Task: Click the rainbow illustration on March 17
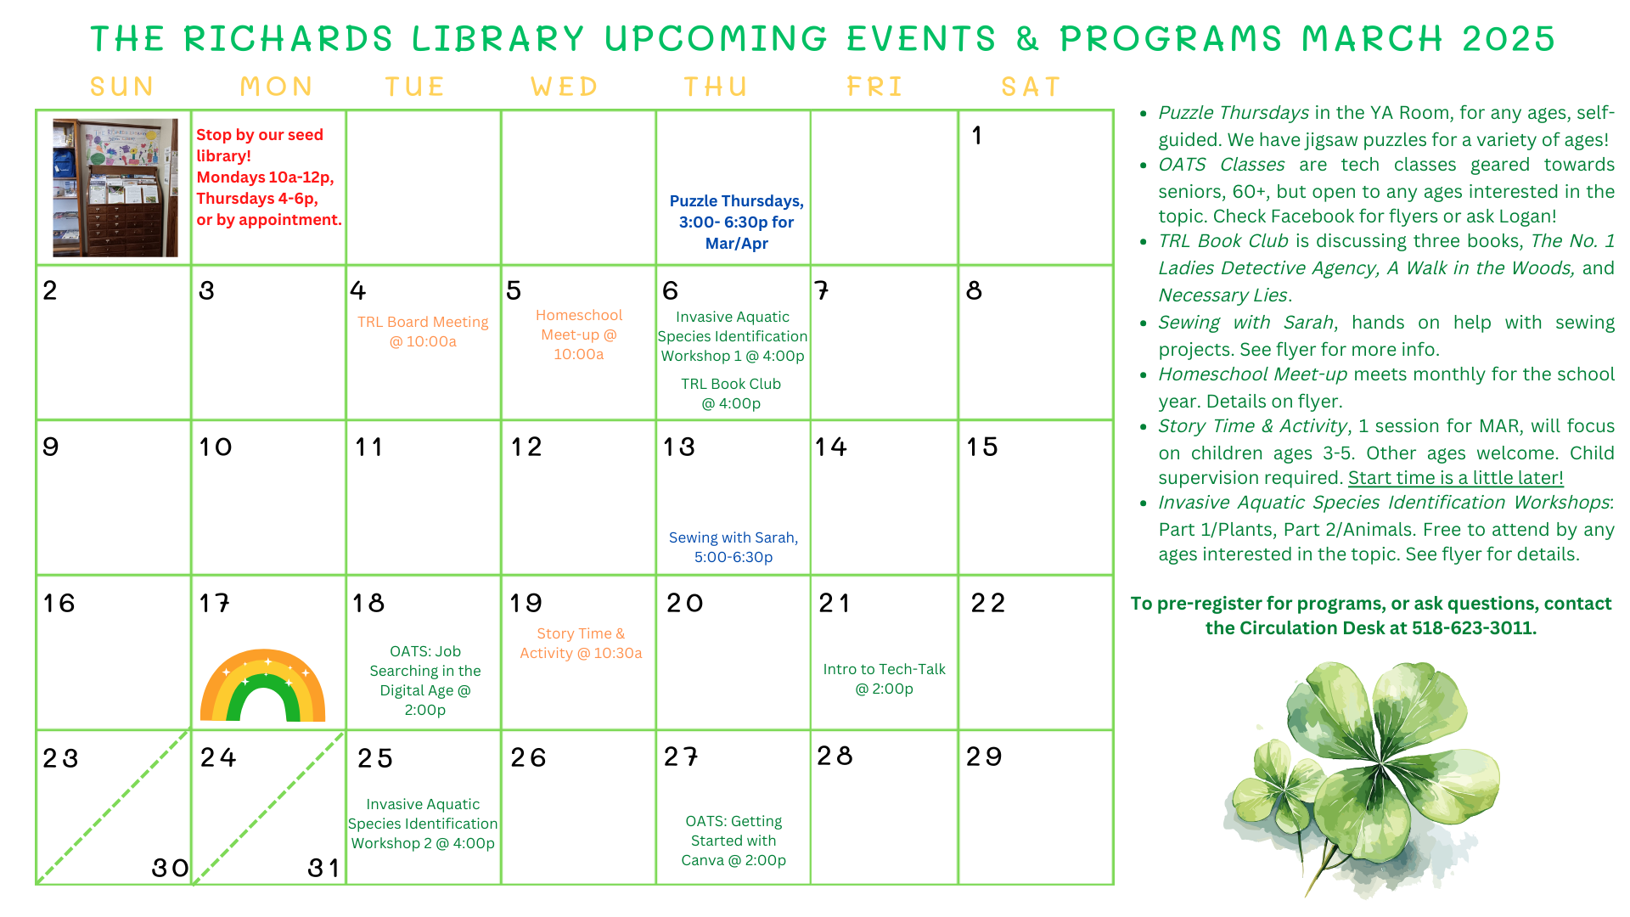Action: point(262,686)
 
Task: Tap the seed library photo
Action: point(115,188)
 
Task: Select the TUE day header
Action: point(415,87)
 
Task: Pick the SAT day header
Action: point(1031,87)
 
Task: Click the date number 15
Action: point(982,447)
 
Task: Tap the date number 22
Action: point(988,604)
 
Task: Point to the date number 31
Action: point(323,868)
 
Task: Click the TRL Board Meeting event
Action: point(423,332)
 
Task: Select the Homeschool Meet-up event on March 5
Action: point(579,335)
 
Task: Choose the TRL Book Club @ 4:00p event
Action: point(731,394)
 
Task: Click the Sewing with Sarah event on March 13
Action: point(733,548)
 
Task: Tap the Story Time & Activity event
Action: point(581,644)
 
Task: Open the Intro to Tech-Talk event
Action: point(884,679)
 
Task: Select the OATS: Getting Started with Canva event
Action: point(733,841)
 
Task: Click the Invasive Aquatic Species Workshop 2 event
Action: point(423,824)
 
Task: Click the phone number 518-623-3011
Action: point(1473,628)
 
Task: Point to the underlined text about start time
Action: point(1455,478)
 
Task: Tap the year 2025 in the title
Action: point(1508,39)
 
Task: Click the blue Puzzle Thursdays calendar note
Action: point(736,222)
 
